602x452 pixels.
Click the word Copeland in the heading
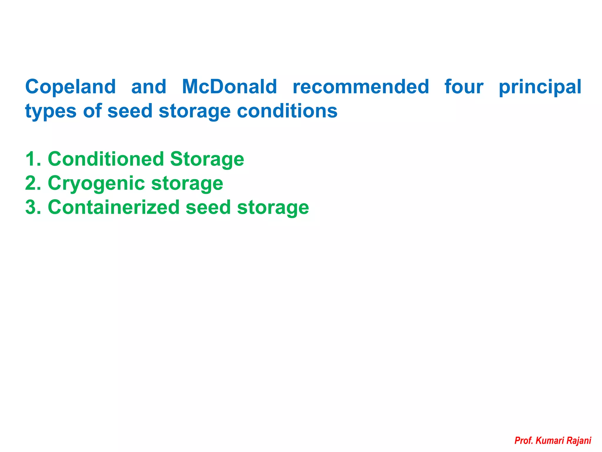point(71,87)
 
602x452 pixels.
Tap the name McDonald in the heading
point(229,87)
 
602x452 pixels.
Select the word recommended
point(361,87)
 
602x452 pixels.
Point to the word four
point(464,87)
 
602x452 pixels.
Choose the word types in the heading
point(51,112)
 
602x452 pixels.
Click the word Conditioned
point(106,159)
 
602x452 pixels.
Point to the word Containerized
point(113,207)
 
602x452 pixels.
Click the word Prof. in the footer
point(524,441)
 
